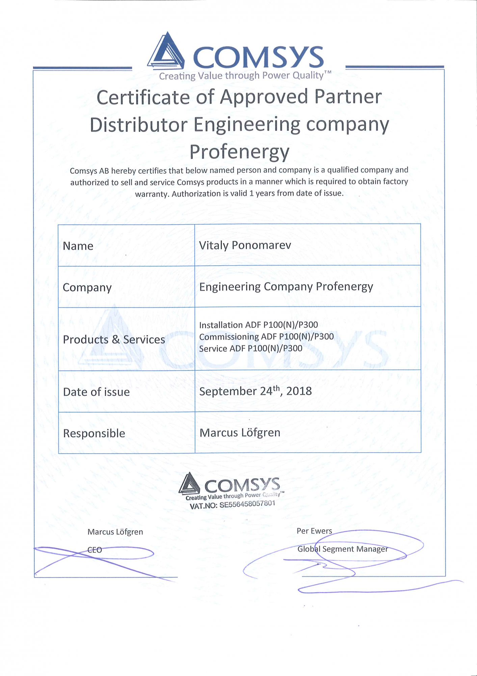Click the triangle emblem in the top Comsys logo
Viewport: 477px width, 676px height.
pos(166,51)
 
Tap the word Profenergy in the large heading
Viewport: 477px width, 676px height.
pos(239,152)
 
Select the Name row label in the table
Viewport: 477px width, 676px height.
pos(78,246)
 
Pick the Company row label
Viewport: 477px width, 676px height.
pos(87,288)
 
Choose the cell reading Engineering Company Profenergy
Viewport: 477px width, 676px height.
pos(286,287)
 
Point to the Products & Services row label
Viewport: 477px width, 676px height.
pos(114,340)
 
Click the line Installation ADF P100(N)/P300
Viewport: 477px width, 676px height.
pos(258,325)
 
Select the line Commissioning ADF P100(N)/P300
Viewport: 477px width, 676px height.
pos(266,337)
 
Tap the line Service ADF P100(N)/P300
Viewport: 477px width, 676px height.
pos(250,348)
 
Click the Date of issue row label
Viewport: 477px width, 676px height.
pos(96,392)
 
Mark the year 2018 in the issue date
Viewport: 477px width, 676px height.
pos(299,391)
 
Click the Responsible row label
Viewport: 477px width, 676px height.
pos(94,433)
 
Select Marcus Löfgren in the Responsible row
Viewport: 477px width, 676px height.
pos(240,433)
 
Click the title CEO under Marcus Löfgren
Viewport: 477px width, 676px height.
pos(95,550)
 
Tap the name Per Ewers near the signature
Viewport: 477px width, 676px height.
pos(314,531)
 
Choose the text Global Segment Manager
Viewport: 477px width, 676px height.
pos(342,549)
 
